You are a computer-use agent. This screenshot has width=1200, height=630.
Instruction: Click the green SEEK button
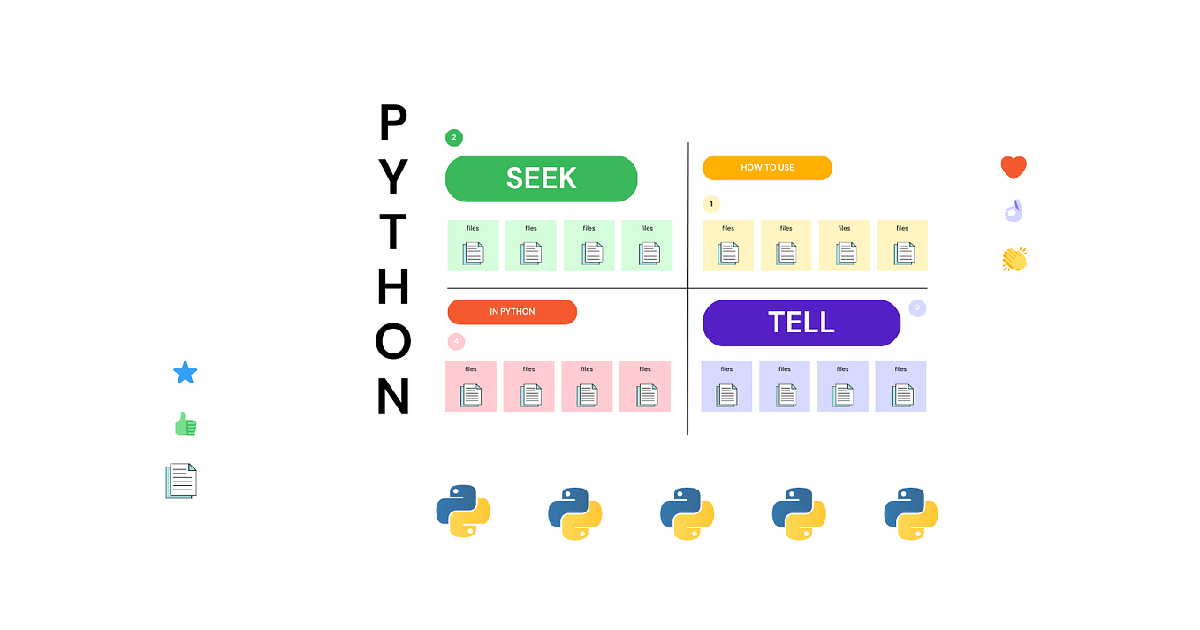pos(541,178)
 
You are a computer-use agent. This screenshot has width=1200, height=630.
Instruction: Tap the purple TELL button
pos(801,323)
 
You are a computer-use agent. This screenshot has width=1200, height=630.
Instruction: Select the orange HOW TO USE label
pos(767,167)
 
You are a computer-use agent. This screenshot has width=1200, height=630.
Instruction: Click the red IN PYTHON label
pos(512,312)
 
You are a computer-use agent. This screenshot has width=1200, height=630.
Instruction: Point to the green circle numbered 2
pos(453,137)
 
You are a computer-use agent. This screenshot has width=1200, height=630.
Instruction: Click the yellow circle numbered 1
pos(711,204)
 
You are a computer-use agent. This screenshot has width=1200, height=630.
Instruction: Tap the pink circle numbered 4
pos(456,341)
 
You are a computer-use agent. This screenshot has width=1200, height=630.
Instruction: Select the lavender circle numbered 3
pos(917,308)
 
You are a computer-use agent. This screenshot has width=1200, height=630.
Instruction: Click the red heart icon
pos(1014,167)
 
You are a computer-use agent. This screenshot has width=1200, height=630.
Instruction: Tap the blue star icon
pos(185,373)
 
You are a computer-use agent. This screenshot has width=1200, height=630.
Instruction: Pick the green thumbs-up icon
pos(186,425)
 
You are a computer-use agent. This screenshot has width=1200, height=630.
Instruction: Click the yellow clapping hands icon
pos(1014,259)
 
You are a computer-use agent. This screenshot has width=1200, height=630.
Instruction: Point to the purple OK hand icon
pos(1014,211)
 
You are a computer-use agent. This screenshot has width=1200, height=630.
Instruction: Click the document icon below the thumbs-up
pos(181,481)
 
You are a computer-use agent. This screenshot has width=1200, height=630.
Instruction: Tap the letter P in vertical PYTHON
pos(393,123)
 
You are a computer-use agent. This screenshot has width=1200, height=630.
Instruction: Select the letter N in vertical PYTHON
pos(393,397)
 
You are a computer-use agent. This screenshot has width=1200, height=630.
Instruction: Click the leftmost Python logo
pos(463,512)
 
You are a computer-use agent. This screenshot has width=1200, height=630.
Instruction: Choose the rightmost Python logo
pos(910,513)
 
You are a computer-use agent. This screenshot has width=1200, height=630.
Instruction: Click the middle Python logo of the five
pos(687,513)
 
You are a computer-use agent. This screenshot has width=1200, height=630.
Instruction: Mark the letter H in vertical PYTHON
pos(393,286)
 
